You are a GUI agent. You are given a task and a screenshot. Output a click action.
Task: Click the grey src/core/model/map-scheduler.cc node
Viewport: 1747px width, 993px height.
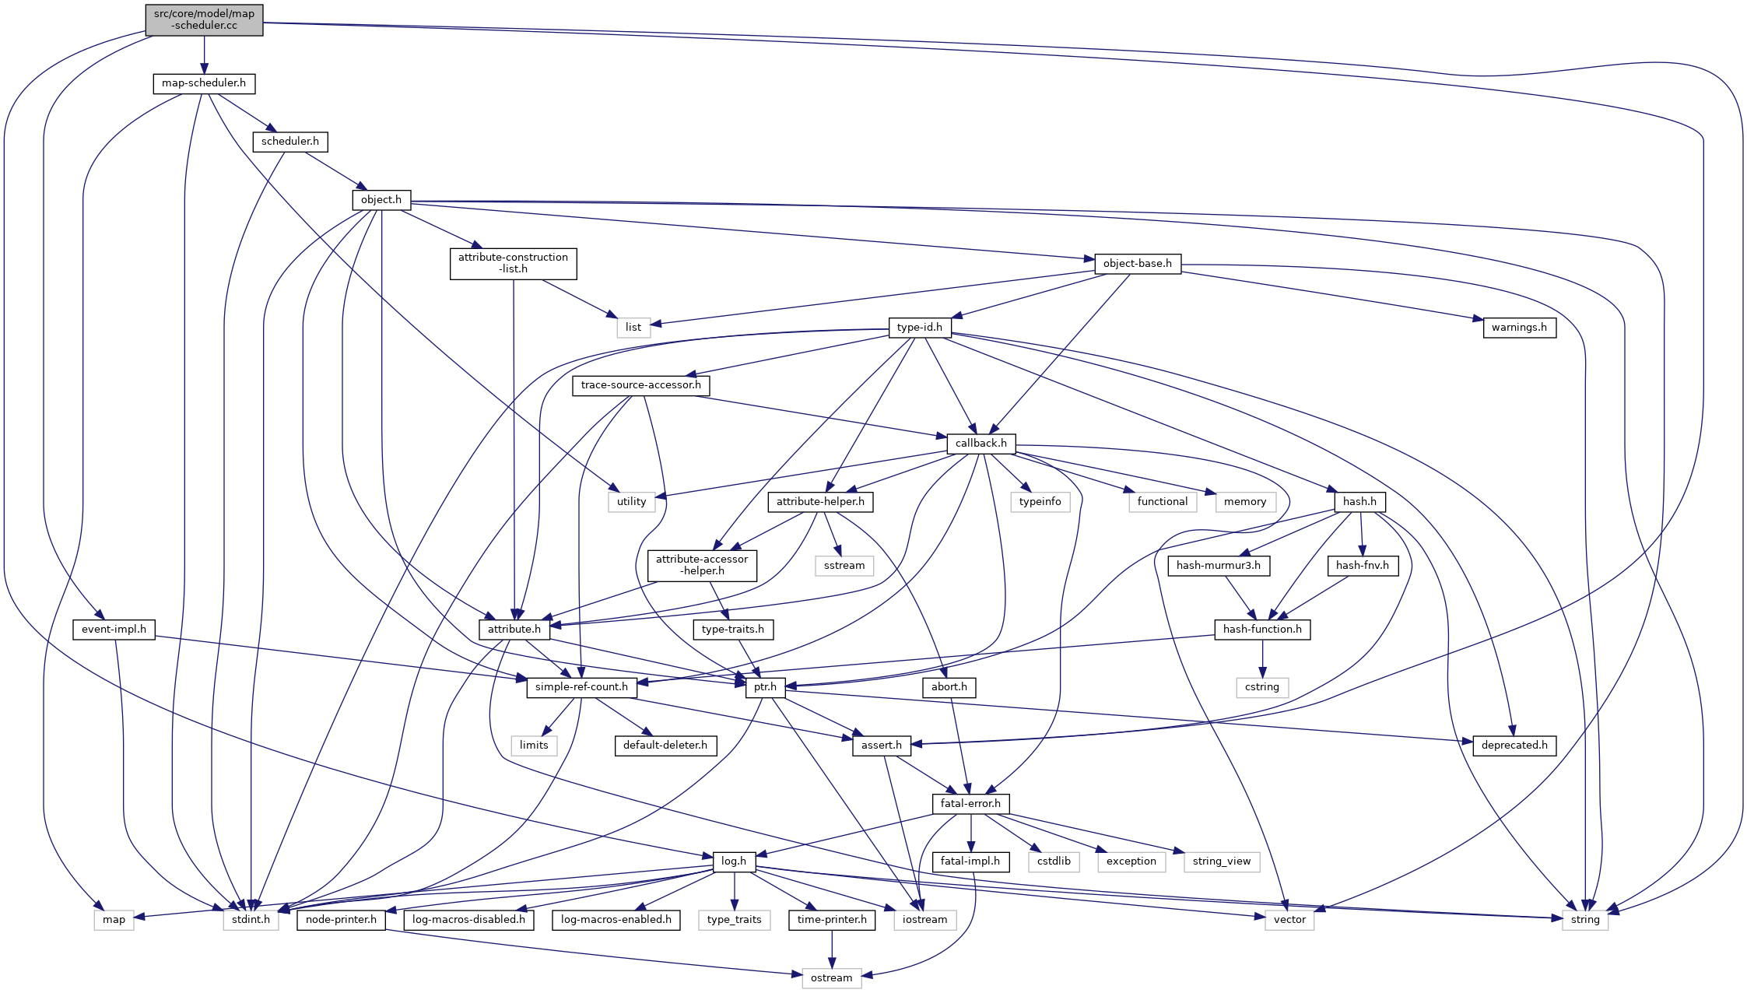pos(204,19)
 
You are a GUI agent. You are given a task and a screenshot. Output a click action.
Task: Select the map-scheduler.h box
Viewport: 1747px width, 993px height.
pos(204,83)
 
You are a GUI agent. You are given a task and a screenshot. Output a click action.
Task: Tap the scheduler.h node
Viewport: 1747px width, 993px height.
pos(289,142)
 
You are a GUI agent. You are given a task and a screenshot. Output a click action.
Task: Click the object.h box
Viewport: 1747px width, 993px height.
pos(381,200)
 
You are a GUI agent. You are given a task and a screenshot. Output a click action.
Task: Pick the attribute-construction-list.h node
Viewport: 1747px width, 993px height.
pos(513,263)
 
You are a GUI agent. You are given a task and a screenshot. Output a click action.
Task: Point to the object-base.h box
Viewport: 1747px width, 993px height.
pos(1137,264)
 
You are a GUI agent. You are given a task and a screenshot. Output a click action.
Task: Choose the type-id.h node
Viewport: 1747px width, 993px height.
pos(919,328)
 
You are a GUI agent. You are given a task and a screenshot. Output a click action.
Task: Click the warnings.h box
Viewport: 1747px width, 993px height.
pos(1519,328)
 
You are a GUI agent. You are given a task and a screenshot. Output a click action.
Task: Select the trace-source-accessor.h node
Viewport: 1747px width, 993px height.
pos(640,385)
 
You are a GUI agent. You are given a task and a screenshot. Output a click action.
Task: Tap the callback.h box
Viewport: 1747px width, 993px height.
pos(980,444)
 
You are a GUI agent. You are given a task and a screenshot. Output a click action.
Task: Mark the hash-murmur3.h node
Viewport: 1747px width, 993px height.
pos(1218,566)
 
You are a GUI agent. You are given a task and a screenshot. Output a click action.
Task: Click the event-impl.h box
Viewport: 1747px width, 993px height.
pos(114,630)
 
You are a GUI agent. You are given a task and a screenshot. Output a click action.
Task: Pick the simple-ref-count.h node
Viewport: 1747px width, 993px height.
pos(581,687)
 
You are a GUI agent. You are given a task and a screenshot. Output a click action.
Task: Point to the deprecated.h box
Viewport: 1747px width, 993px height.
pos(1514,746)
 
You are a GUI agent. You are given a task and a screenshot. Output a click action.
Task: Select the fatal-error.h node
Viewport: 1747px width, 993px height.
pos(970,803)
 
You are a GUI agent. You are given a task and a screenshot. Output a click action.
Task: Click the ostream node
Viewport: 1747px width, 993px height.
pos(831,977)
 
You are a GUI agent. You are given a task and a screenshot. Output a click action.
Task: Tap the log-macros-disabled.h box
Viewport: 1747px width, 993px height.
pos(468,920)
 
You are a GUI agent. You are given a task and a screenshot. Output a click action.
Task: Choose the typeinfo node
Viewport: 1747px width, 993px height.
pos(1040,502)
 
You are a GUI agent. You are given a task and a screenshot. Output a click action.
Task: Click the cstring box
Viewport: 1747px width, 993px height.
pos(1261,687)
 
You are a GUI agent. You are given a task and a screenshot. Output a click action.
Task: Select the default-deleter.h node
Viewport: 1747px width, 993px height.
pos(665,746)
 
